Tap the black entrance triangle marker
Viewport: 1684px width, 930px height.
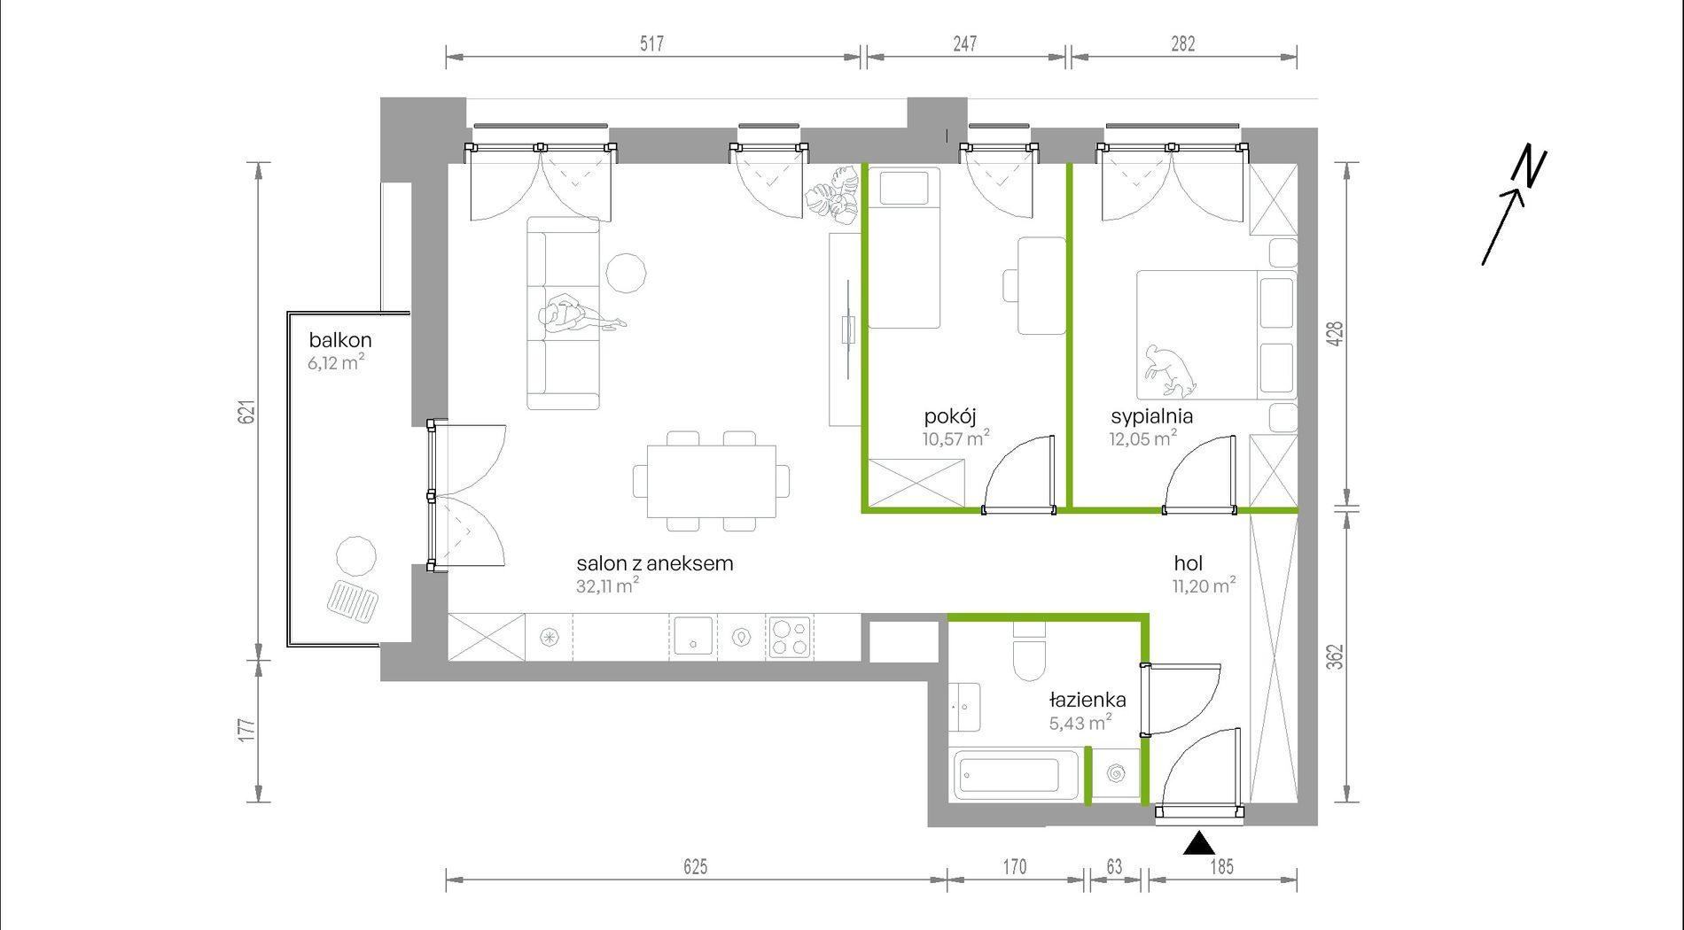pos(1199,843)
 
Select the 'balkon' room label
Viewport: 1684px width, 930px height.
pos(340,340)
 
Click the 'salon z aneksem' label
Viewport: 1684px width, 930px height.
pos(655,563)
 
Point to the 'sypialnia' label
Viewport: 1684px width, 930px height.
pos(1152,416)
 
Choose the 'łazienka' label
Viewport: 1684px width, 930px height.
pos(1088,700)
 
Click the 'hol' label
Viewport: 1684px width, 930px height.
pos(1189,563)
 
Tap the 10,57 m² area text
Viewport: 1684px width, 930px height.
pos(955,438)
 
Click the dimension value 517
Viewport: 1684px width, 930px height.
pos(652,43)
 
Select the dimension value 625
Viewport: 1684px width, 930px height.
pos(696,867)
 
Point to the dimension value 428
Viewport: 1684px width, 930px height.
pos(1336,333)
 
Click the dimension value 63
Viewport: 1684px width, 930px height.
pos(1114,867)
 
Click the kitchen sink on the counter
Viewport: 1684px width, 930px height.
pos(693,636)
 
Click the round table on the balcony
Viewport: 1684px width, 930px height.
pos(356,556)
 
